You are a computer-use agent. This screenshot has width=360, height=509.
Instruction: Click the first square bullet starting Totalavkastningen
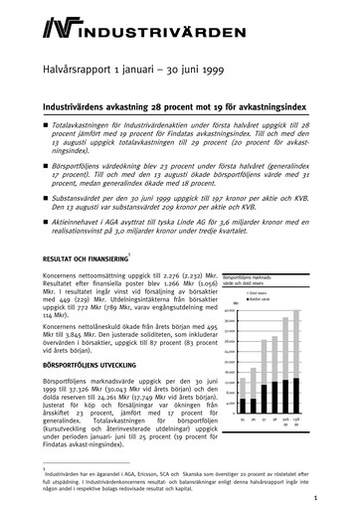click(x=46, y=124)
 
